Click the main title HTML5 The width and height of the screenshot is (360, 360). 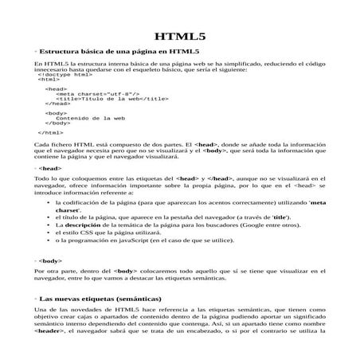click(x=179, y=37)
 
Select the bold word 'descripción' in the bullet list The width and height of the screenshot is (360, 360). click(x=82, y=227)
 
